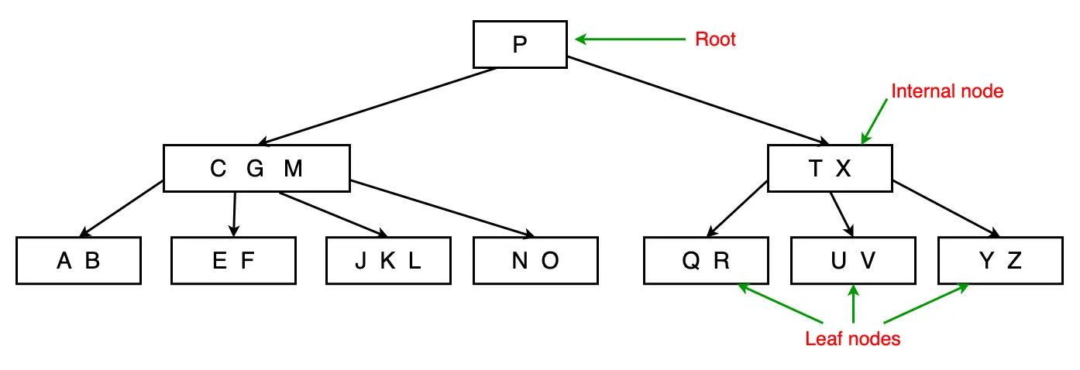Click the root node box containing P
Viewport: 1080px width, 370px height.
coord(520,44)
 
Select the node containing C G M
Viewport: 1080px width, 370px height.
coord(256,168)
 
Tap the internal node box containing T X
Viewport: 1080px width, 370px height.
coord(830,168)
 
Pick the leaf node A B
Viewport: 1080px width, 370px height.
coord(78,261)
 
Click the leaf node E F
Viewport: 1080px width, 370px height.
coord(233,261)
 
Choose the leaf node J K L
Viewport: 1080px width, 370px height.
coord(388,261)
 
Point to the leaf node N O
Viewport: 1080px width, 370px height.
coord(535,261)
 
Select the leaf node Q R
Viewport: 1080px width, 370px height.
coord(706,261)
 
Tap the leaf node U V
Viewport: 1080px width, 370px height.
coord(853,261)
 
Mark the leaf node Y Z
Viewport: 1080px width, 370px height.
coord(1000,261)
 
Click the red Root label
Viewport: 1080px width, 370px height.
coord(715,39)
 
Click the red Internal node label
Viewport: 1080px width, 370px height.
coord(948,91)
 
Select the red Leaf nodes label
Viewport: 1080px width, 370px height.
coord(853,339)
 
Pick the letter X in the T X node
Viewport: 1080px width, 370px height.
coord(843,169)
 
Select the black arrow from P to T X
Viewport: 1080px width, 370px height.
coord(697,101)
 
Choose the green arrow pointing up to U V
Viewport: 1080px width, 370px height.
coord(853,303)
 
